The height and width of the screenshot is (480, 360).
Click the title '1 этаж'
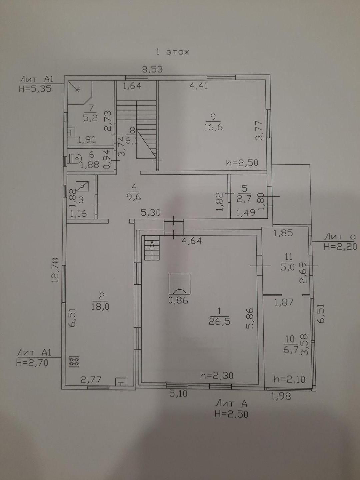173,52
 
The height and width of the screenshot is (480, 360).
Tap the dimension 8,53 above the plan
152,69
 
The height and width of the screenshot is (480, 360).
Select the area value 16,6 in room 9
213,127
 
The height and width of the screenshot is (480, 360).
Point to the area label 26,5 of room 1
219,321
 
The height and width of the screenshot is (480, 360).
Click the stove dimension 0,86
178,300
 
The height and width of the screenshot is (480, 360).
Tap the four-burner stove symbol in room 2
74,362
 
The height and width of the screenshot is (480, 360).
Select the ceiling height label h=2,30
217,376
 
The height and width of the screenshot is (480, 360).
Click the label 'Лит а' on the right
340,237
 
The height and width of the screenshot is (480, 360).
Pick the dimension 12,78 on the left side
55,270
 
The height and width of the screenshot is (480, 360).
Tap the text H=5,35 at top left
35,89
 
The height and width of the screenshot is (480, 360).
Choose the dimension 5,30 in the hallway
151,213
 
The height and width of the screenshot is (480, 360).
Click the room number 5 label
244,189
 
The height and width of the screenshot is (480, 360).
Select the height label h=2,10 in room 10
289,379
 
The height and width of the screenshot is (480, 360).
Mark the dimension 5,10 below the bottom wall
178,394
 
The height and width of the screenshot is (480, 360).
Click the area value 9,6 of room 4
134,197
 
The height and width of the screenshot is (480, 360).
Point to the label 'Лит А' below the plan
231,403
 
